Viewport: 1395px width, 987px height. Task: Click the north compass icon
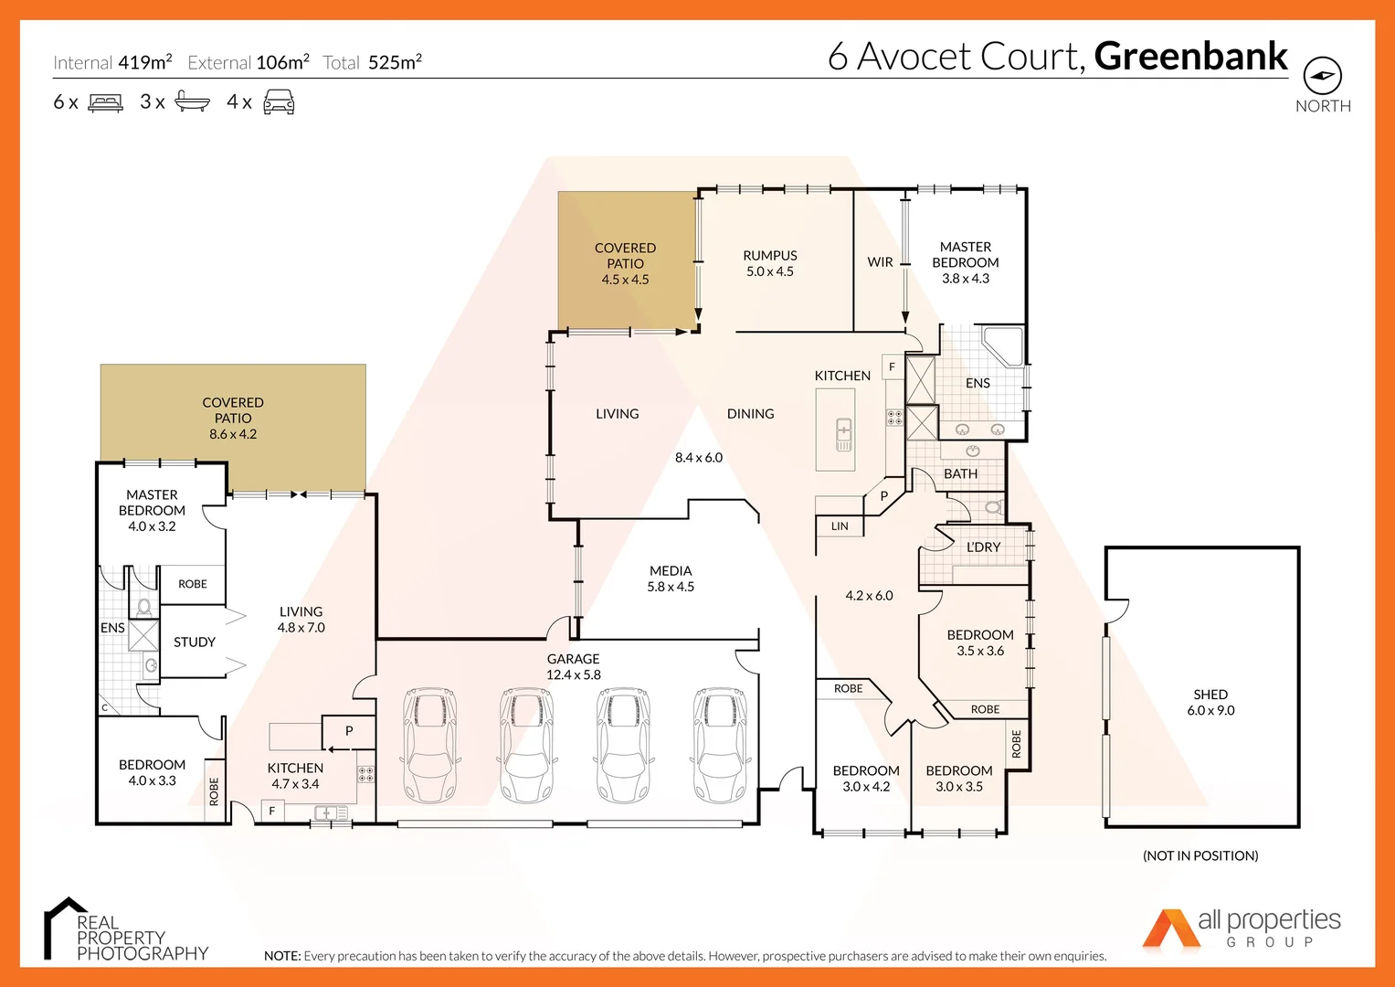tap(1322, 75)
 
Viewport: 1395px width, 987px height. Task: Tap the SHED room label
tap(1210, 695)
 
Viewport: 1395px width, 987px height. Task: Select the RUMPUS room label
tap(769, 256)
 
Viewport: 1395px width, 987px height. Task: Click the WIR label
tap(880, 262)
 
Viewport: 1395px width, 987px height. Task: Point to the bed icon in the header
tap(105, 102)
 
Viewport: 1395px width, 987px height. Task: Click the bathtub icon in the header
tap(192, 101)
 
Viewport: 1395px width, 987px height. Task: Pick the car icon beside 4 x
tap(279, 101)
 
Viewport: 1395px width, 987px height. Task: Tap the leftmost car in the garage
tap(429, 745)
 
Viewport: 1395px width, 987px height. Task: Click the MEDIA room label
tap(671, 571)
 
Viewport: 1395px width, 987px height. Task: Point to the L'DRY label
tap(983, 547)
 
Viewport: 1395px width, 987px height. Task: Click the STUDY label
tap(195, 642)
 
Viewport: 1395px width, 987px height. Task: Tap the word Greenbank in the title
tap(1190, 57)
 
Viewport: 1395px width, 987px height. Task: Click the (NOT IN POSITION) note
tap(1200, 856)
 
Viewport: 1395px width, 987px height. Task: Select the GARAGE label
tap(573, 659)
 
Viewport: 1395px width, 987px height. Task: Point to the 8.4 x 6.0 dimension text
tap(699, 458)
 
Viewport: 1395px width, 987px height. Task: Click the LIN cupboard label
tap(840, 526)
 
